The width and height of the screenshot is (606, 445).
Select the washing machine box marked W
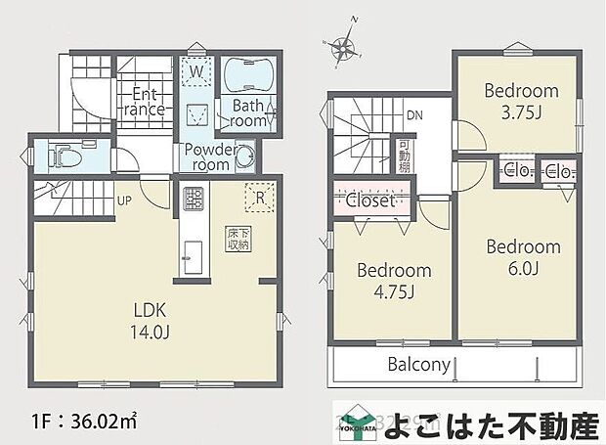[x=196, y=72]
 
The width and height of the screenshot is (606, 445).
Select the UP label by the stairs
[x=124, y=201]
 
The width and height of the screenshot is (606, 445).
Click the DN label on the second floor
[x=413, y=114]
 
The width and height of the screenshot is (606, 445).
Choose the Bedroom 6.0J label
[x=523, y=257]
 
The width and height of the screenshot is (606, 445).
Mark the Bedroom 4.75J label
[x=393, y=280]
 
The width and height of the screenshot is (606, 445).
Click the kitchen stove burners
[x=188, y=201]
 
